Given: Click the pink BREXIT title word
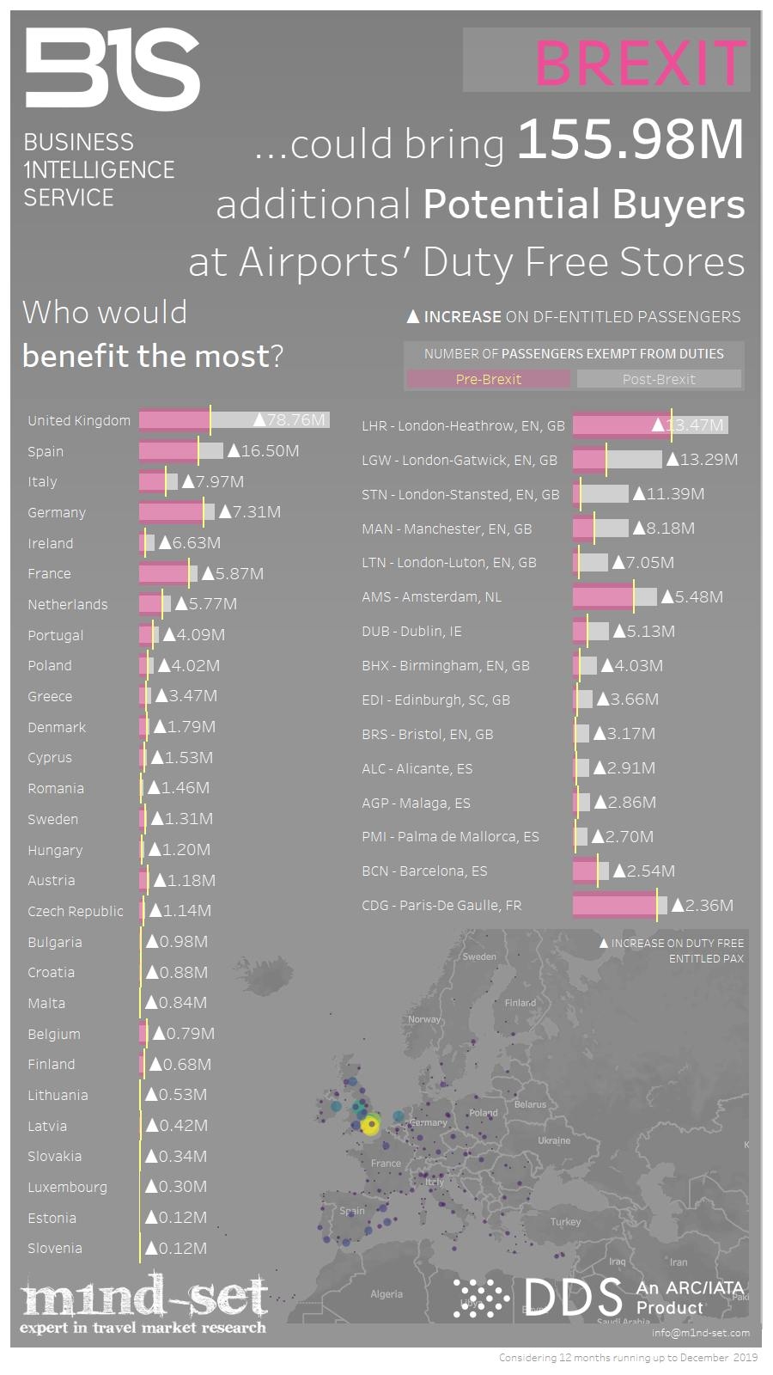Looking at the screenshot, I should tap(640, 63).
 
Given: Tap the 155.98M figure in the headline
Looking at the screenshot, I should tap(630, 141).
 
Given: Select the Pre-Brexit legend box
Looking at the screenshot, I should tap(488, 379).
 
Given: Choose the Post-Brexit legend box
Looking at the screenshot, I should tap(659, 379).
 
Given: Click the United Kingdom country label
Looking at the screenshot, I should tap(79, 420).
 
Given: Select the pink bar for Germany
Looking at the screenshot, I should tap(171, 512).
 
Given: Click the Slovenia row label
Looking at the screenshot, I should tap(55, 1249).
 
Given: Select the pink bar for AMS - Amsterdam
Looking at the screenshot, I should tap(602, 596).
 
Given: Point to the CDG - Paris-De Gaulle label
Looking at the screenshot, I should tap(441, 905).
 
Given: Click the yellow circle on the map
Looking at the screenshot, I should tap(370, 1126).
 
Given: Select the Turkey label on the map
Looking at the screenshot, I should tap(565, 1221).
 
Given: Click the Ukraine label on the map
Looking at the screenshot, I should tap(554, 1140).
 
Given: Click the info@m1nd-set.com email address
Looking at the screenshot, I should tap(700, 1333).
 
